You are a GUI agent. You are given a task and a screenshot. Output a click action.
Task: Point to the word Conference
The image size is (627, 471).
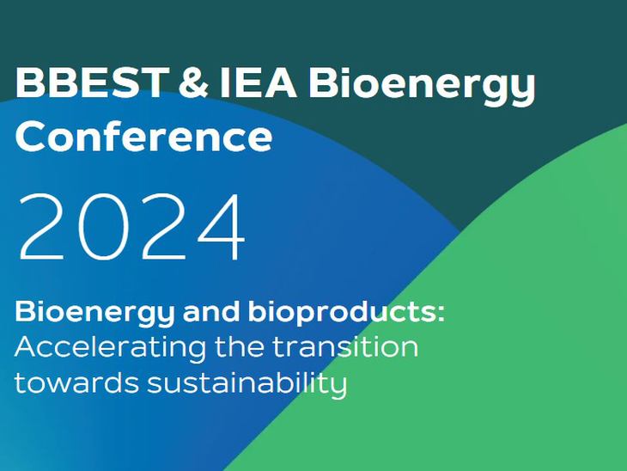pyautogui.click(x=143, y=136)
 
